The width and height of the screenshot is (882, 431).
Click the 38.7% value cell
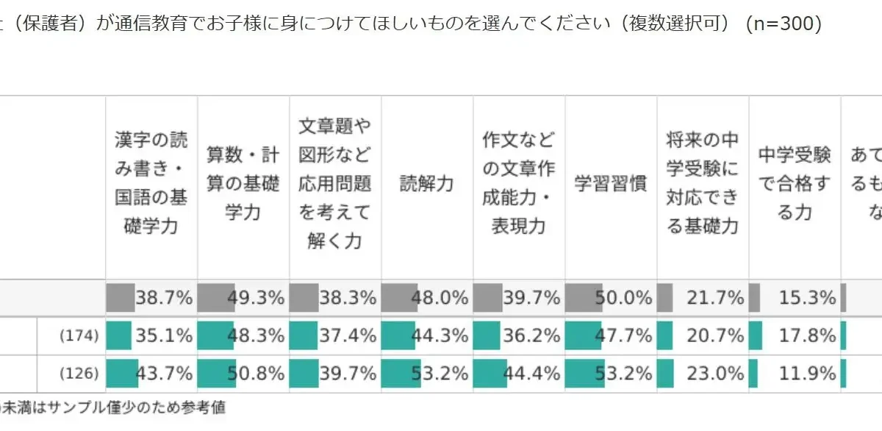pos(164,298)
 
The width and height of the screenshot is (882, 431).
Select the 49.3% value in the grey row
pos(255,298)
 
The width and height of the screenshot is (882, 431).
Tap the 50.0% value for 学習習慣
pos(624,298)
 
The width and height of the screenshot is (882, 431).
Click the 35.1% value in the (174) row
pos(164,335)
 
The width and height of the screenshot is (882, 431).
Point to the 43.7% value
pos(164,373)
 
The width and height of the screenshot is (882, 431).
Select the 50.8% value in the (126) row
pos(255,373)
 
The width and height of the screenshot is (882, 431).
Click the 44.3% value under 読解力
pos(440,335)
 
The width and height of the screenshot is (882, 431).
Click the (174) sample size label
pos(79,336)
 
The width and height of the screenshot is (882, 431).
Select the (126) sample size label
pos(79,374)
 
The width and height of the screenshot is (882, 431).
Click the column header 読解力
pos(426,184)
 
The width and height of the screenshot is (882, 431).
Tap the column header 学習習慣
pos(610,184)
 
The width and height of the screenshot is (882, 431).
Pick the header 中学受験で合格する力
pos(795,184)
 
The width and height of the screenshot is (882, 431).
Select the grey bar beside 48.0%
pos(400,298)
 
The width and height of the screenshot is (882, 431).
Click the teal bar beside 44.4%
pos(489,373)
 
